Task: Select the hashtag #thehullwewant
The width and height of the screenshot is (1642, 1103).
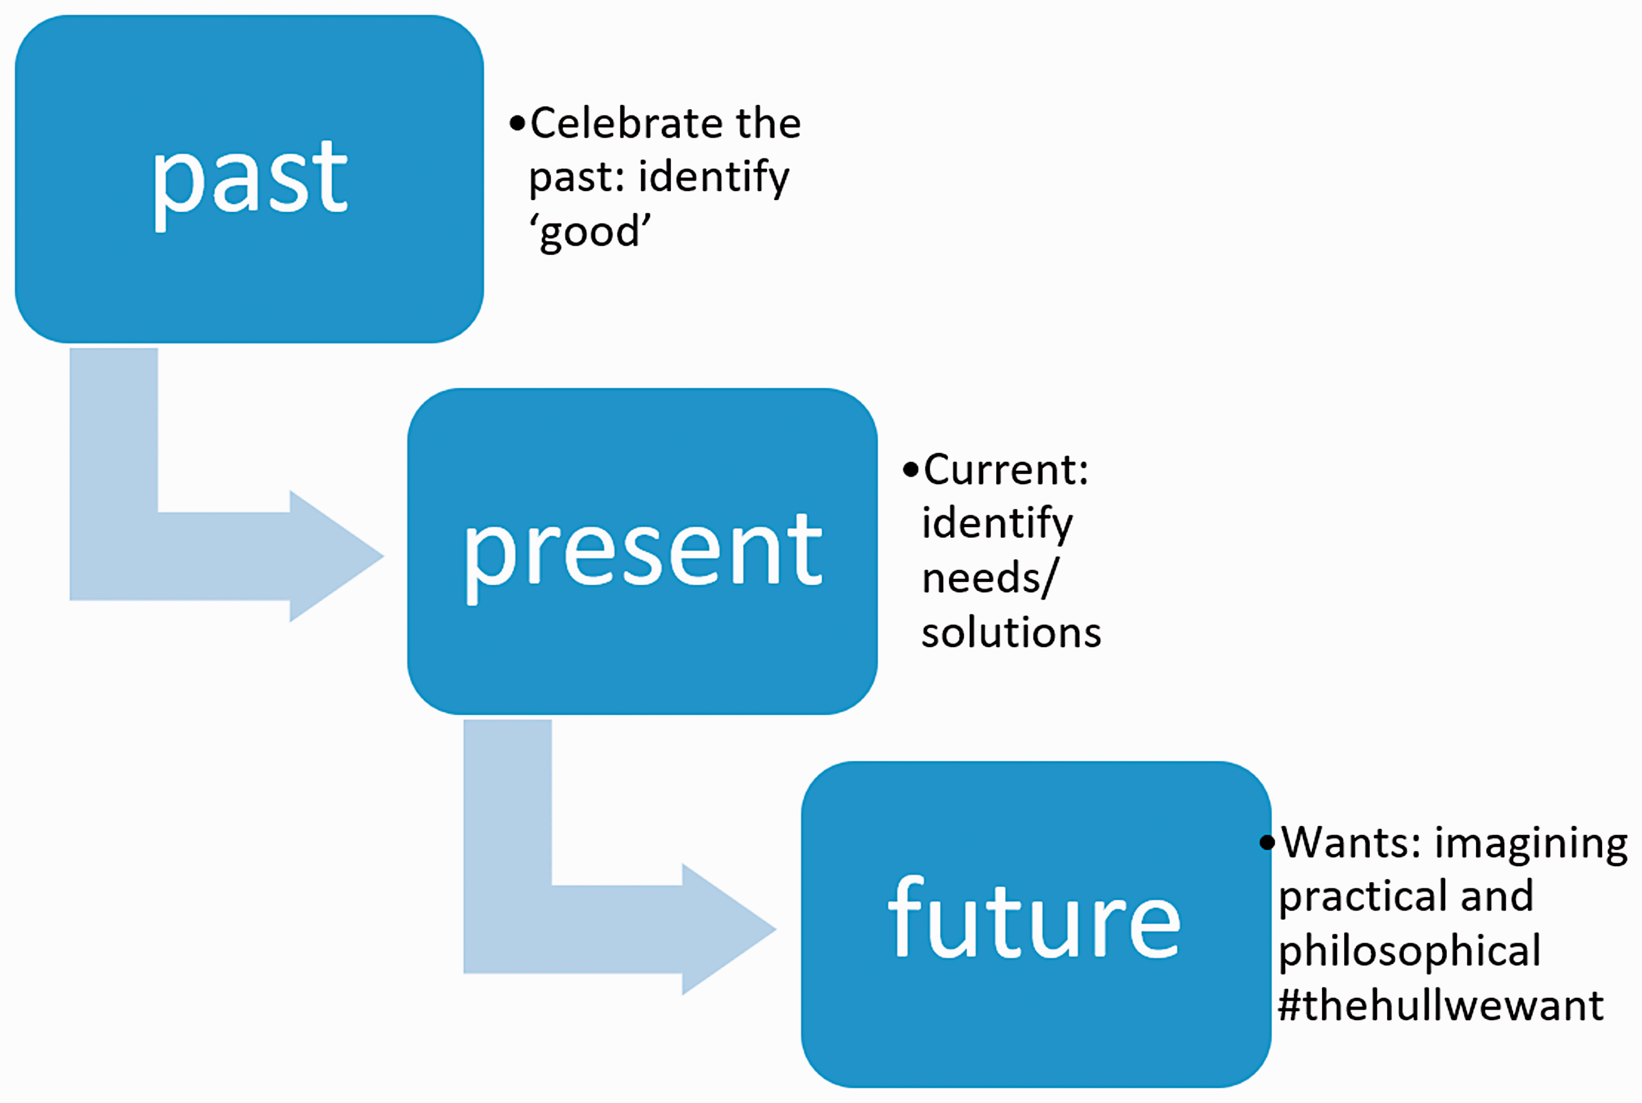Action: pyautogui.click(x=1441, y=1005)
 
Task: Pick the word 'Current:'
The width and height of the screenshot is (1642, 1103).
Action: pyautogui.click(x=1006, y=469)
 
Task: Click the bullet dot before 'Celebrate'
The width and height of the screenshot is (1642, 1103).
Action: pyautogui.click(x=518, y=124)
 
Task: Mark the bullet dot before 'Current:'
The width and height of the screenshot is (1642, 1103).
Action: pyautogui.click(x=912, y=470)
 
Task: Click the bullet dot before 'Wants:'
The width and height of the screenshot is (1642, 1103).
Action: pyautogui.click(x=1267, y=843)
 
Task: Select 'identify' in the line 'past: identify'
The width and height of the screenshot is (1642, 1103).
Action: pyautogui.click(x=714, y=177)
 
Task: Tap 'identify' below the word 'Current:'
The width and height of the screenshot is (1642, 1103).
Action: pyautogui.click(x=997, y=524)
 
